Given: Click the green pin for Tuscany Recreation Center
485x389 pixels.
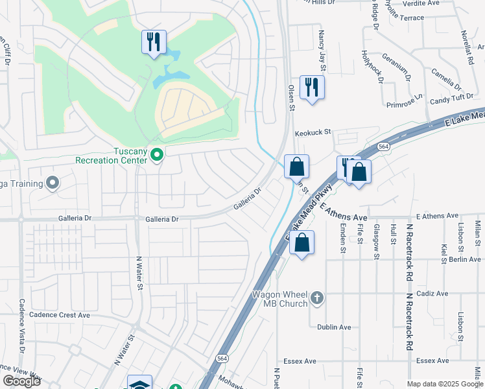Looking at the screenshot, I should click(156, 155).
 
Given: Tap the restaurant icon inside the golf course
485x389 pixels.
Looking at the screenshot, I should click(154, 43).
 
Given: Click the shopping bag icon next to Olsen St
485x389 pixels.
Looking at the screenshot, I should click(296, 167).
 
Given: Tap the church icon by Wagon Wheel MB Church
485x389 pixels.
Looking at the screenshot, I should click(316, 298).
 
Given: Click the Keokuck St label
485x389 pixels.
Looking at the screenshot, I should click(313, 132).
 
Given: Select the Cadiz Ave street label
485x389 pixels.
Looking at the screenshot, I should click(432, 293).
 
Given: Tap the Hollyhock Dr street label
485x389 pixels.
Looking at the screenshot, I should click(373, 67).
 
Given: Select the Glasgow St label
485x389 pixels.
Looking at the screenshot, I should click(377, 242).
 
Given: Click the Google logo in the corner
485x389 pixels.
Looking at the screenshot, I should click(21, 381).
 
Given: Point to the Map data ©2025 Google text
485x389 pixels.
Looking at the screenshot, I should click(445, 384).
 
